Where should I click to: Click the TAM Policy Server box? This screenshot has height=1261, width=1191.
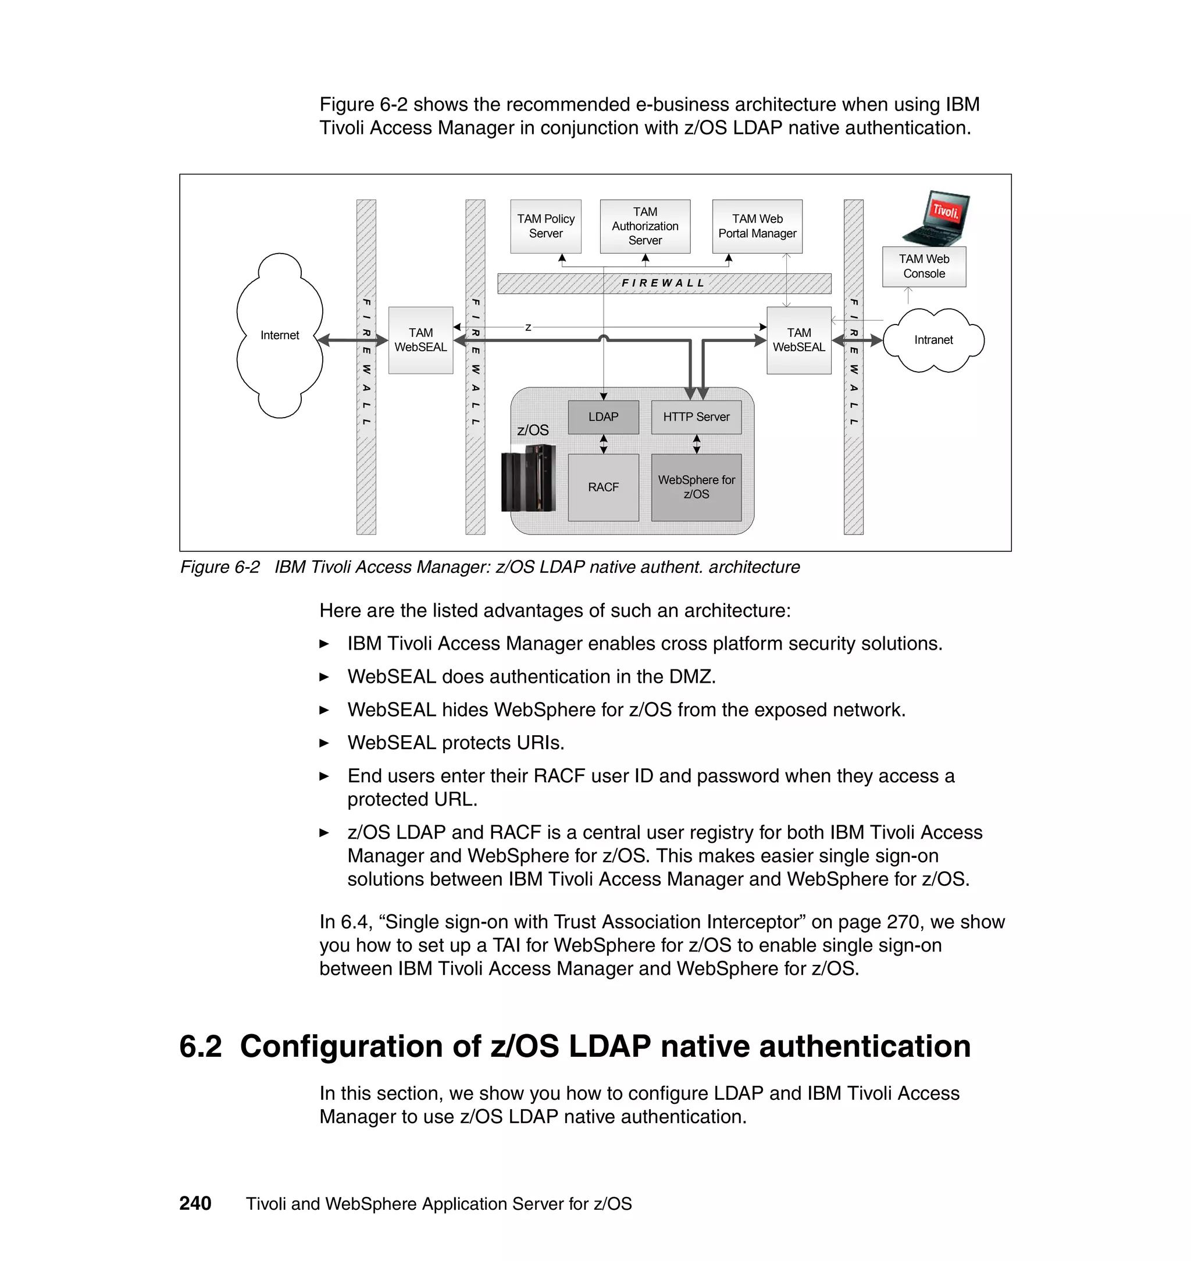tap(545, 226)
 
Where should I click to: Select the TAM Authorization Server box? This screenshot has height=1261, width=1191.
tap(644, 226)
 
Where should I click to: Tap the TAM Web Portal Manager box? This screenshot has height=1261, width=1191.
tap(757, 226)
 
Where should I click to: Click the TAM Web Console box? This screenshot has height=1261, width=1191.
tap(923, 266)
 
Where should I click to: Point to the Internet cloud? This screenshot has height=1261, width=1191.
tap(279, 335)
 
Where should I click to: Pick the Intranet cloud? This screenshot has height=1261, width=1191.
tap(933, 340)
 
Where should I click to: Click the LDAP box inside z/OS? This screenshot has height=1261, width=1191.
tap(602, 417)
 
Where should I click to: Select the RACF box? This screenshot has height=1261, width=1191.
tap(602, 487)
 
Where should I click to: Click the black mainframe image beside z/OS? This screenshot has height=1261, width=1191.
tap(528, 478)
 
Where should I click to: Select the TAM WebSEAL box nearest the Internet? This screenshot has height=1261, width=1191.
tap(420, 340)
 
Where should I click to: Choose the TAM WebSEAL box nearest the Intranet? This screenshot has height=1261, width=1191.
tap(798, 340)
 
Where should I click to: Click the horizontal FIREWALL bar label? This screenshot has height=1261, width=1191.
tap(664, 283)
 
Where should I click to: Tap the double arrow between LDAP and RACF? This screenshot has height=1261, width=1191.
tap(603, 444)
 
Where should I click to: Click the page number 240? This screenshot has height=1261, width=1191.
tap(195, 1203)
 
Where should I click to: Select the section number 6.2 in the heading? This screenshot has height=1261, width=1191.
tap(201, 1046)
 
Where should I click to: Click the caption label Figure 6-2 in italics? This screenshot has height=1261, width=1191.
tap(220, 567)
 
